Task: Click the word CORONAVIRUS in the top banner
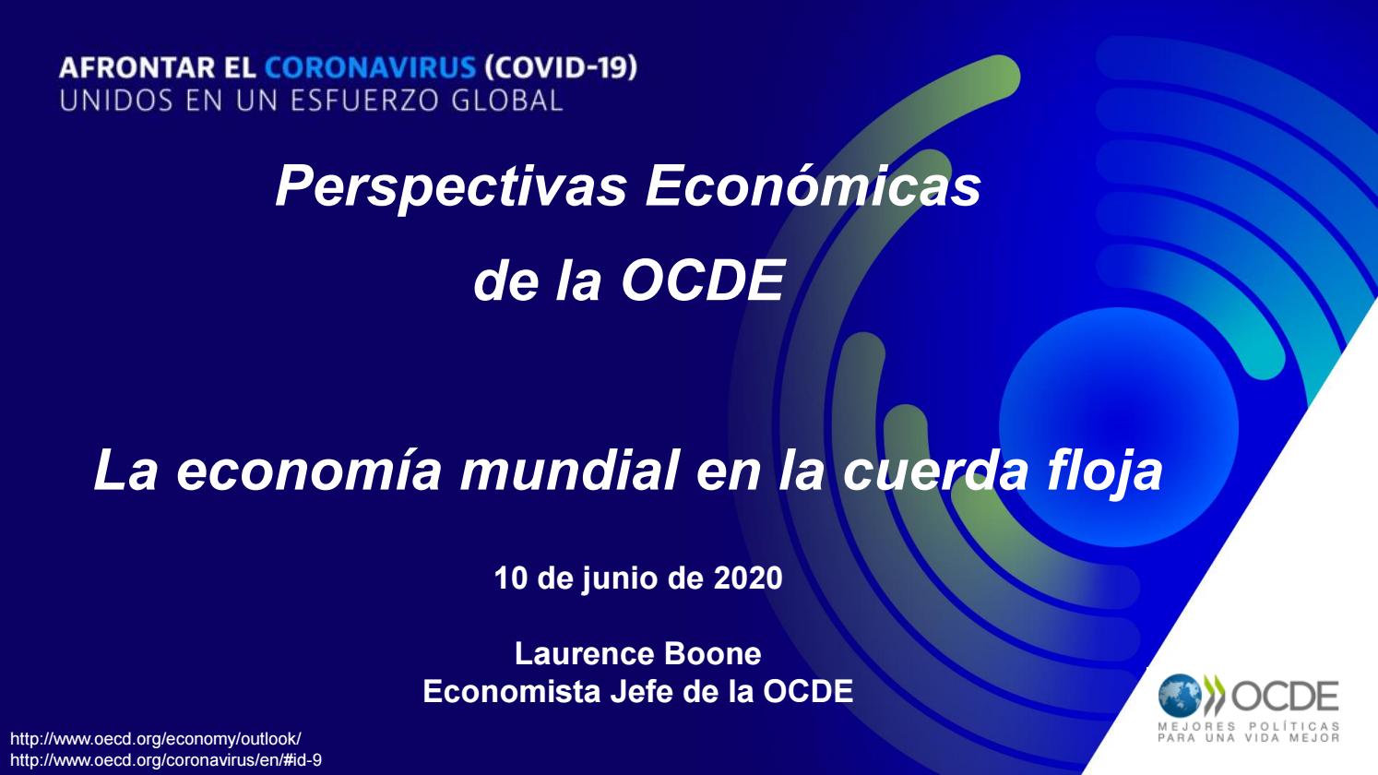[x=371, y=68]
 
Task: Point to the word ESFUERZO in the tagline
[x=368, y=101]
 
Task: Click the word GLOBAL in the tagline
[x=506, y=101]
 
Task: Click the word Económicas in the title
[x=813, y=187]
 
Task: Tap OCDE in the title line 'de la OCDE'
[x=702, y=281]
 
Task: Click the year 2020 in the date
[x=748, y=578]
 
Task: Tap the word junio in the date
[x=618, y=578]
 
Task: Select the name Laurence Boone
[x=637, y=653]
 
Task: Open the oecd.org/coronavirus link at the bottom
[x=166, y=760]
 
